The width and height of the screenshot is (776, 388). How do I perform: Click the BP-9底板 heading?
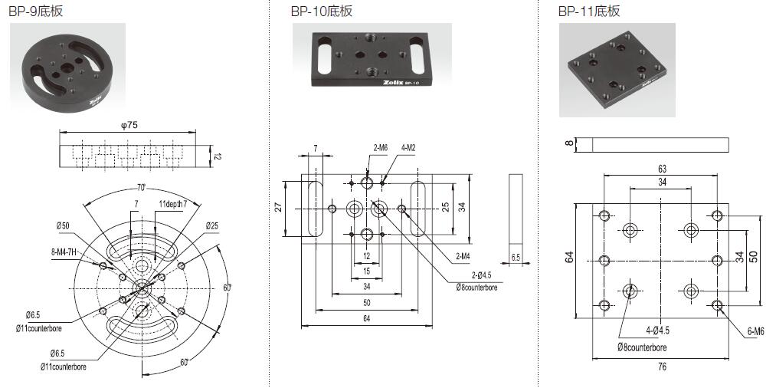[35, 12]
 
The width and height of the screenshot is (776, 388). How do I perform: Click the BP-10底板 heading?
[322, 12]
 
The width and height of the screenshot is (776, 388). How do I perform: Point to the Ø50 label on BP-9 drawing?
[63, 225]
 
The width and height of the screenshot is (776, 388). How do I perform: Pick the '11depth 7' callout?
[172, 203]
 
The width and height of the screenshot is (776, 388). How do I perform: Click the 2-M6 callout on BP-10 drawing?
[381, 146]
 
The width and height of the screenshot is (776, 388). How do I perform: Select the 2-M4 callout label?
[463, 256]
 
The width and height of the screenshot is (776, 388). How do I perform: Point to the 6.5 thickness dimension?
[516, 258]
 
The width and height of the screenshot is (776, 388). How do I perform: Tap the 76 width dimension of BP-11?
[661, 367]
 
